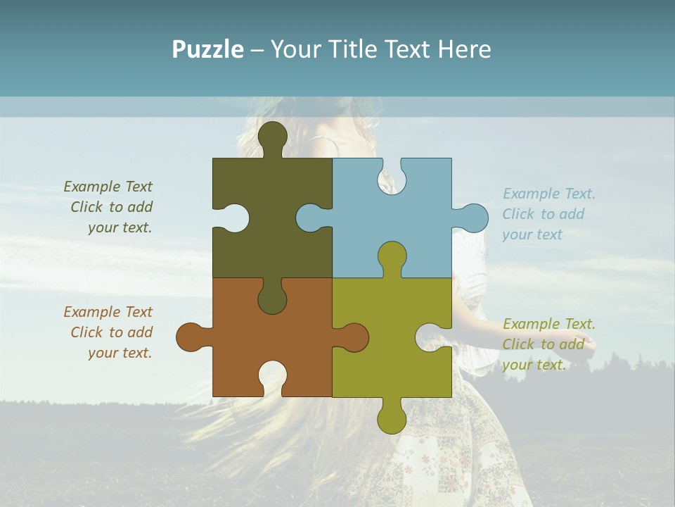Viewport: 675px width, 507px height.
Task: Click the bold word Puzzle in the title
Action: click(207, 49)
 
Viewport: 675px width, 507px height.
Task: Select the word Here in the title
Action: click(464, 49)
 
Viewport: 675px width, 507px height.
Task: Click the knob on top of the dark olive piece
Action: click(273, 135)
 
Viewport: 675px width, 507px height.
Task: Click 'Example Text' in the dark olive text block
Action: click(108, 187)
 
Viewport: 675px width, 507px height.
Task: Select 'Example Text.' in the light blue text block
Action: click(548, 194)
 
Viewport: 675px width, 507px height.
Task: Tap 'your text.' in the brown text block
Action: click(120, 353)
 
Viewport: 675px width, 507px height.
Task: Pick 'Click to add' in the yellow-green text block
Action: click(543, 344)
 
